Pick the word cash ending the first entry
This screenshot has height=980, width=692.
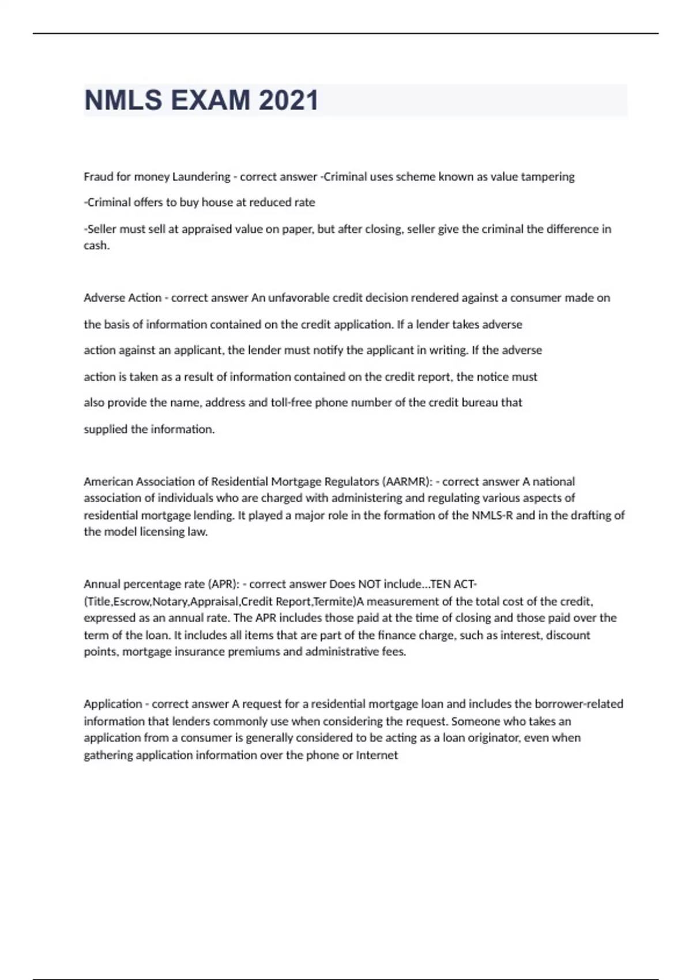[x=96, y=246]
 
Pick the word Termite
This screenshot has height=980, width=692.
[x=333, y=602]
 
